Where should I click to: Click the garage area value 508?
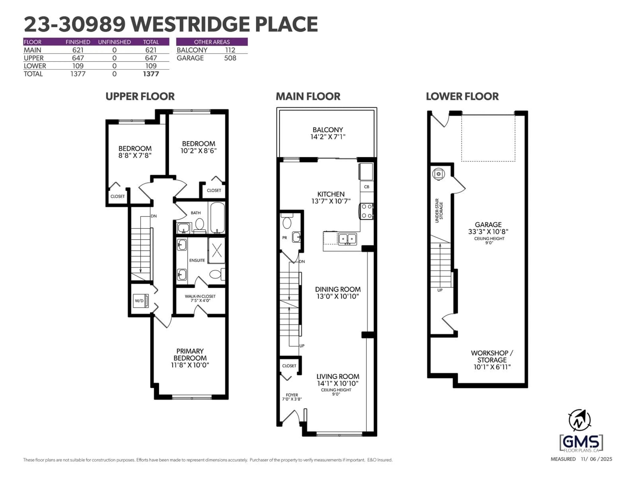pos(230,58)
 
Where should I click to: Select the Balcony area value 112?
pos(230,50)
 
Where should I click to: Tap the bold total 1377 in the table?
pos(151,74)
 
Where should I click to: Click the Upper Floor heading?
pos(140,96)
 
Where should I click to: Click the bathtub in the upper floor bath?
pos(217,217)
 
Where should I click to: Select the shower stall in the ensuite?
pos(216,250)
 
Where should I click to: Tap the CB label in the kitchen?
pos(367,187)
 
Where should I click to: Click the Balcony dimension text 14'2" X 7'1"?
pos(328,137)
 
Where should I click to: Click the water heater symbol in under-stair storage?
pos(438,174)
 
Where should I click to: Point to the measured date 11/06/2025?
pos(596,459)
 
